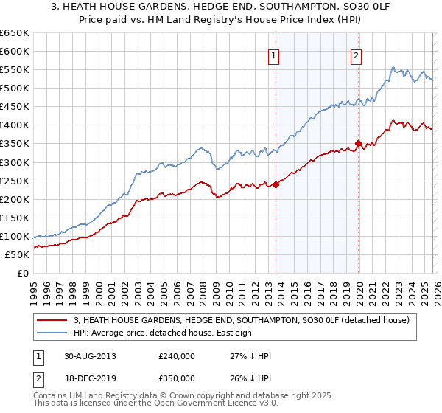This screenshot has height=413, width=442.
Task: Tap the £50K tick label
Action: click(x=18, y=254)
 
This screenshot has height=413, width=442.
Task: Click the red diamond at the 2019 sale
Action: click(x=359, y=144)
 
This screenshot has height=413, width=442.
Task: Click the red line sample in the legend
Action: click(x=51, y=320)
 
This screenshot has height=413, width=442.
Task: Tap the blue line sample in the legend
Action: click(x=51, y=333)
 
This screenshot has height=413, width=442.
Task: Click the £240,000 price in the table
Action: click(x=176, y=355)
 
